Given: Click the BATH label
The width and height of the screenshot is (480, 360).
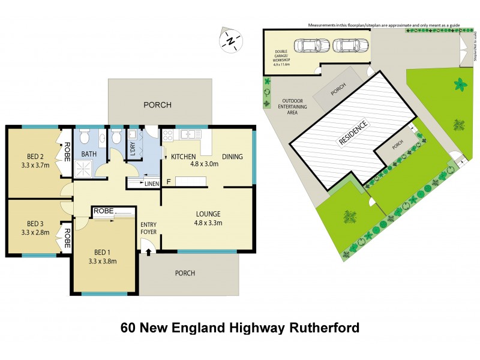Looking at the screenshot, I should (89, 154).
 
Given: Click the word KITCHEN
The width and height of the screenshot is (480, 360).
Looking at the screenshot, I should (184, 157).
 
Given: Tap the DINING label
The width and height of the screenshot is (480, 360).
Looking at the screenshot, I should (232, 157).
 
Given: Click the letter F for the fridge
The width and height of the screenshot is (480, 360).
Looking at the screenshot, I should (169, 181).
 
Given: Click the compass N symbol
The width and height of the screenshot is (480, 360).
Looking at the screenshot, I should (230, 40).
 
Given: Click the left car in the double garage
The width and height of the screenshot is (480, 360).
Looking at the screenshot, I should (311, 46).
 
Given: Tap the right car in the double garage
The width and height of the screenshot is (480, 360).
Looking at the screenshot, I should (347, 46).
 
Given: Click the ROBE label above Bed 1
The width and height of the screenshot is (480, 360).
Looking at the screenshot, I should (103, 211).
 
